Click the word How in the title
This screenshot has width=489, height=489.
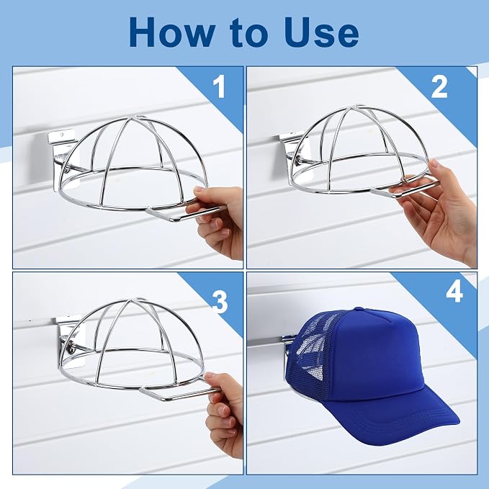point(172,32)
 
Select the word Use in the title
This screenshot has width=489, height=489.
point(321,32)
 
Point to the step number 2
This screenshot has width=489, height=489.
point(439,87)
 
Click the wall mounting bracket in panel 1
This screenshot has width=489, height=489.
point(62,156)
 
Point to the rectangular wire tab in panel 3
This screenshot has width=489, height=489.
point(178,390)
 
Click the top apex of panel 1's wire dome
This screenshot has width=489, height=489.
point(133,118)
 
